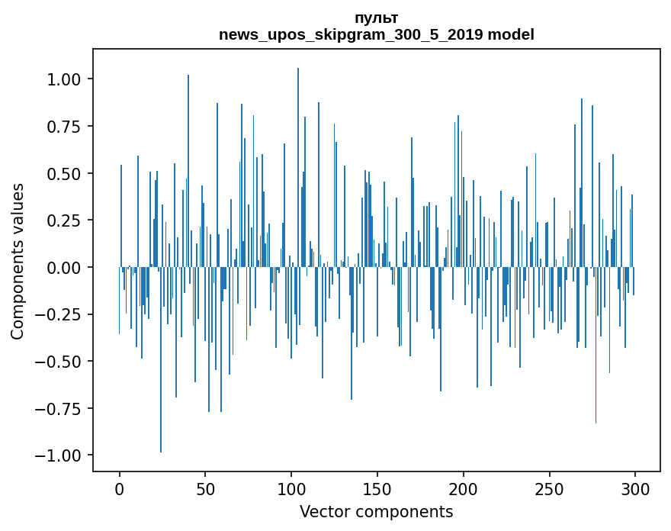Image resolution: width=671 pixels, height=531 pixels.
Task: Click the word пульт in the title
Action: (376, 18)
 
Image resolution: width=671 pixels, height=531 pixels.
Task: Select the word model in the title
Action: (511, 35)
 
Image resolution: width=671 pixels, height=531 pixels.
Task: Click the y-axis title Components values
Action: (18, 261)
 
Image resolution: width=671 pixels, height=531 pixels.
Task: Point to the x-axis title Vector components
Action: (376, 512)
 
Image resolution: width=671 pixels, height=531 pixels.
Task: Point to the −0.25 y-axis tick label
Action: (60, 314)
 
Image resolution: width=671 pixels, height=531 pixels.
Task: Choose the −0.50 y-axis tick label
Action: (60, 362)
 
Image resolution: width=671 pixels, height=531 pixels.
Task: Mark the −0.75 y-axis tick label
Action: (60, 409)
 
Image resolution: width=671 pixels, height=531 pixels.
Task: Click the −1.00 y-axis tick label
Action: (60, 455)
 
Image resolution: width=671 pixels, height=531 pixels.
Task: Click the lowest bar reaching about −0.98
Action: (161, 359)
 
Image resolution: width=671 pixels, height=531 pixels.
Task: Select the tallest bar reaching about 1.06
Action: (298, 168)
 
